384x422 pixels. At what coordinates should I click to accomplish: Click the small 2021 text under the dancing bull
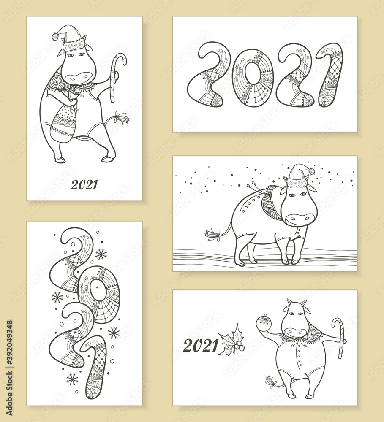point(84,185)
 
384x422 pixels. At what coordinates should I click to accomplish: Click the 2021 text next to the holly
point(201,346)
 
